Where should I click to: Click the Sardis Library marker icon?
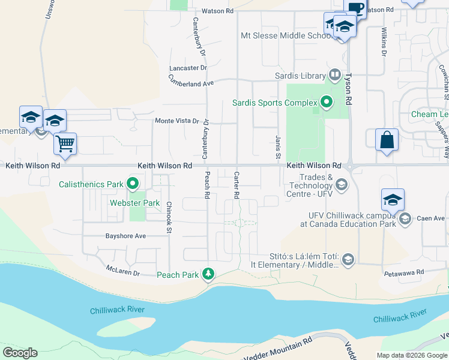pos(334,76)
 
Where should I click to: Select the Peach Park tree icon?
pos(208,274)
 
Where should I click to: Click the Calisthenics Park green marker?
pos(133,184)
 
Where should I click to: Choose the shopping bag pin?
pos(387,140)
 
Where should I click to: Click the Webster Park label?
pos(134,203)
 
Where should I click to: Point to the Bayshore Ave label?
pos(125,236)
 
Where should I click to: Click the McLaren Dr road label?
pos(123,271)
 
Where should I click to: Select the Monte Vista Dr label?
pos(176,121)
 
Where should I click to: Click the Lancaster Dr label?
pos(188,68)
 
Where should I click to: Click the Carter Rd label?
pos(237,185)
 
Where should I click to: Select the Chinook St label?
pos(169,214)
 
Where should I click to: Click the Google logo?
pos(20,352)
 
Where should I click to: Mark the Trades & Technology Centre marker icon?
pos(342,183)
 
